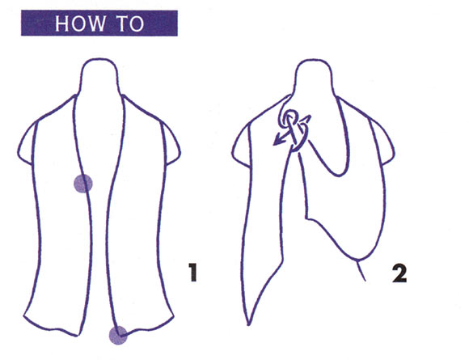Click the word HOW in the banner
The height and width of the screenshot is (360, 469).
[80, 23]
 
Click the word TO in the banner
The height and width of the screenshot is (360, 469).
[130, 23]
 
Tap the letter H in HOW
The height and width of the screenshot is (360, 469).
[61, 23]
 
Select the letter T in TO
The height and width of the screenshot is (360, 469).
[122, 23]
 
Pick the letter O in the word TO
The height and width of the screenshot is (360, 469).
[137, 23]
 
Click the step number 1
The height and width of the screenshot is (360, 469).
[193, 272]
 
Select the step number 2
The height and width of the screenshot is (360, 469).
[399, 273]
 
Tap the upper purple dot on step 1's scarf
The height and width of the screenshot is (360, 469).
[83, 184]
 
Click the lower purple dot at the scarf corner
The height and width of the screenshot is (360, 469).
[118, 335]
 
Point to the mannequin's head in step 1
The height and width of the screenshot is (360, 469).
[99, 76]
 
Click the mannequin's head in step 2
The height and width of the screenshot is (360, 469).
[314, 78]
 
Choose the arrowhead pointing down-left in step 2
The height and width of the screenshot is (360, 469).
[279, 140]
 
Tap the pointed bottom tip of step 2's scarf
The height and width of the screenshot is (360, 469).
[248, 324]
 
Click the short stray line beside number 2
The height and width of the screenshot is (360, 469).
[361, 271]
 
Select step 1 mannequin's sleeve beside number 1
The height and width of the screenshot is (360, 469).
[171, 144]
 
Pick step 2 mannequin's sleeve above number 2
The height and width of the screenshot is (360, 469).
[384, 141]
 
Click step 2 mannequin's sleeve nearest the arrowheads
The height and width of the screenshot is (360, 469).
[241, 146]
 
